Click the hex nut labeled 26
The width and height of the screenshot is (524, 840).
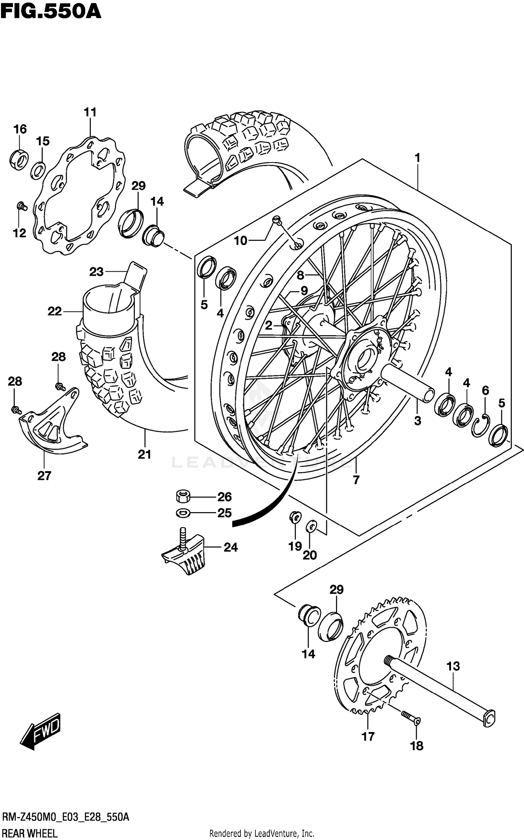tap(183, 496)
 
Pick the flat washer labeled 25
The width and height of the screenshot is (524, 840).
tap(183, 513)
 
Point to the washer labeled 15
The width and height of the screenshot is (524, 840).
tap(38, 170)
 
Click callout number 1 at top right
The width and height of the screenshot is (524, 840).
tap(417, 158)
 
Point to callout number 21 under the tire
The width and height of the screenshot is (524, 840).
tap(144, 454)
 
